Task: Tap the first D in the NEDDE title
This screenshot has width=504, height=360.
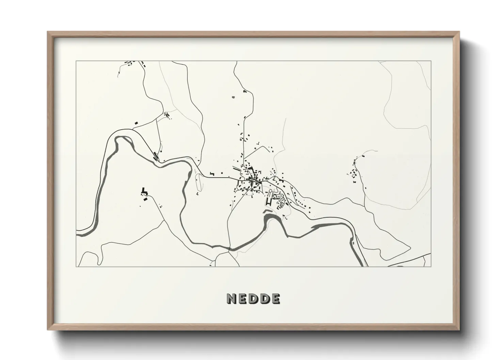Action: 253,299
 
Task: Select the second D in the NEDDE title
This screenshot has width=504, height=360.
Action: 264,299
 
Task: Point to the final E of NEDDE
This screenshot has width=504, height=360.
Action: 275,299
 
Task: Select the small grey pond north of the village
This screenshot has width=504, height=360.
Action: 233,98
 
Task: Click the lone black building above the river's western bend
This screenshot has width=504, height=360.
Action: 137,122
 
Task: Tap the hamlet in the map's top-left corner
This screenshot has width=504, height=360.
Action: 131,63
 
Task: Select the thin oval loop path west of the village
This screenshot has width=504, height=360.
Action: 198,182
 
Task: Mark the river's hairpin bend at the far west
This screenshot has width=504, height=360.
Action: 119,140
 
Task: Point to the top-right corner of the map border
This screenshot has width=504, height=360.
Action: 431,61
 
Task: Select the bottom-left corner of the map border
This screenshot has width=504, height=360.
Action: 76,266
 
